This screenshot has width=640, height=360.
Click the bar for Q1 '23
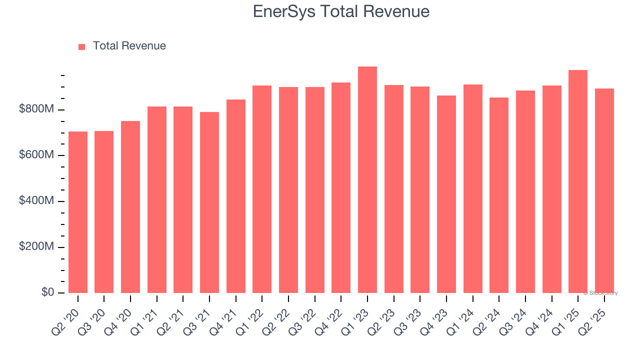coord(367,180)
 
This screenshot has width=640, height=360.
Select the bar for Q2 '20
coord(78,212)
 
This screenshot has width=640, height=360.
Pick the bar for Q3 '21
coord(209,202)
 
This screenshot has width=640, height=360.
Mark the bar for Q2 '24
coord(499,195)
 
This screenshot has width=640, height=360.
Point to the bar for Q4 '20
coord(130,207)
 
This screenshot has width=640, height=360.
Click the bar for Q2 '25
coord(604,190)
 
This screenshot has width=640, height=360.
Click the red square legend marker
coord(82,46)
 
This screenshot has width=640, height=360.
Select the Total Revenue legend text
coord(129,46)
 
